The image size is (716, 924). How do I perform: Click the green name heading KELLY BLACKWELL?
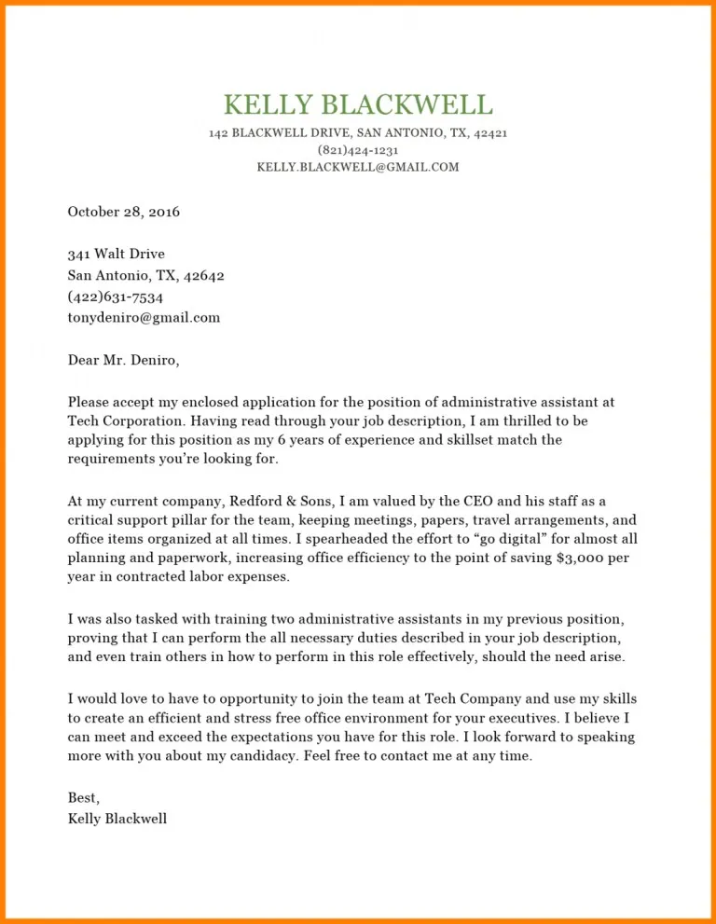click(358, 104)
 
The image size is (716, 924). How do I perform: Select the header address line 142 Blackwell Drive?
click(358, 133)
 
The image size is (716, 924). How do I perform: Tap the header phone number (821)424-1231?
click(358, 150)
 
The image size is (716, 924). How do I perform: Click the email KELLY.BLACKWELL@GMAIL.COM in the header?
click(358, 168)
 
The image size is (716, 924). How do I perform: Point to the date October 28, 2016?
click(123, 212)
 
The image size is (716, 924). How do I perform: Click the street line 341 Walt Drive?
click(116, 254)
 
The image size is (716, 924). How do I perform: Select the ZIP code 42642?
click(203, 275)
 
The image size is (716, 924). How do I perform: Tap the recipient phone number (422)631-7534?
click(115, 297)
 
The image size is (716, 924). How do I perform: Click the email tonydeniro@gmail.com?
click(144, 318)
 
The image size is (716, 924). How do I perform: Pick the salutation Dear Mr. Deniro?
click(123, 359)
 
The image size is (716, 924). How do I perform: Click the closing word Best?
click(83, 798)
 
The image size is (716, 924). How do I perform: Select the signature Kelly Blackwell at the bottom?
click(117, 820)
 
